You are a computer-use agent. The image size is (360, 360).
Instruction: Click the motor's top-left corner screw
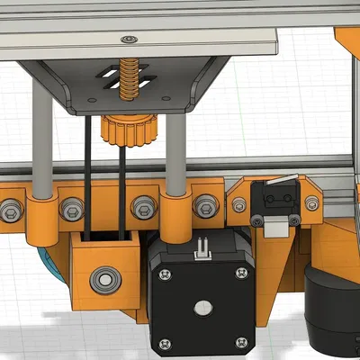[164, 273]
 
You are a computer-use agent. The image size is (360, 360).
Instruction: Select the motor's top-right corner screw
[240, 274]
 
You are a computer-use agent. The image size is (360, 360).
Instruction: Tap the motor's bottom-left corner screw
[164, 343]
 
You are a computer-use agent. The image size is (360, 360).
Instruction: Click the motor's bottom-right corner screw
[240, 342]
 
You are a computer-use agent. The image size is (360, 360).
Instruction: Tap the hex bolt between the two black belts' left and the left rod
[70, 210]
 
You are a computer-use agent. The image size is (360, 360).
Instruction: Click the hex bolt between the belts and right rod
[141, 208]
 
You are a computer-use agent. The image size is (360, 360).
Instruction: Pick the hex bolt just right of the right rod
[206, 206]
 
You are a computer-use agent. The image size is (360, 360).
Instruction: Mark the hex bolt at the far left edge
[9, 211]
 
